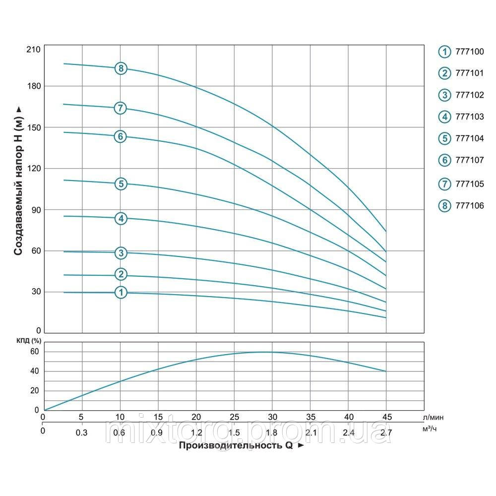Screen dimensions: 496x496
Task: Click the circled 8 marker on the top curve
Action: coord(121,68)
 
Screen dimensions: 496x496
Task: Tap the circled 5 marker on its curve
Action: coord(121,184)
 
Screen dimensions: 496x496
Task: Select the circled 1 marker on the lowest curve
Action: coord(121,293)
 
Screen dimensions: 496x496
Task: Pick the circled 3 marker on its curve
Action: coord(121,253)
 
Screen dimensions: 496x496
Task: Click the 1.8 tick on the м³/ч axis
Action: coord(271,433)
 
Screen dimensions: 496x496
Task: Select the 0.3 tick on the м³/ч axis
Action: coord(82,433)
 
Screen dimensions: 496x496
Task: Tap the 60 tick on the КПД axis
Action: coord(34,352)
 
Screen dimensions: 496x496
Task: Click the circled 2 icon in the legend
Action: coord(444,73)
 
